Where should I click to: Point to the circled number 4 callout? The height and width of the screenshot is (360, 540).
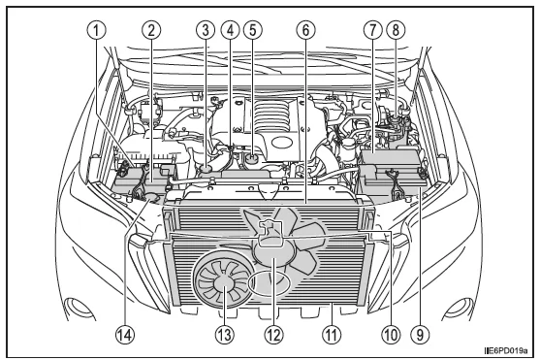pyautogui.click(x=229, y=28)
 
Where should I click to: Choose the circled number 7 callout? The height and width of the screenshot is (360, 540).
pyautogui.click(x=371, y=28)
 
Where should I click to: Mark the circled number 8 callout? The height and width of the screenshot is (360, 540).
pyautogui.click(x=396, y=28)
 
